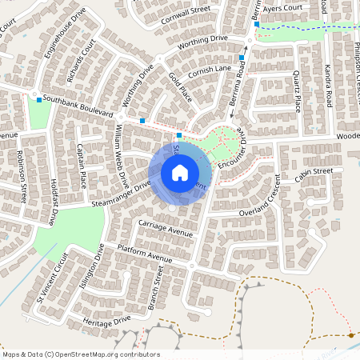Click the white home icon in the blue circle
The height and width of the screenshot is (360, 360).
tap(180, 172)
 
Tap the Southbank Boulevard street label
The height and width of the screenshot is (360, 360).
tap(78, 106)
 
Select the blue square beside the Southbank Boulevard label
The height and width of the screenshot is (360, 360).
tap(39, 99)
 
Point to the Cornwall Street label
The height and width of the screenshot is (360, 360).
tap(185, 10)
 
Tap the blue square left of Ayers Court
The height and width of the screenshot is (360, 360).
tap(256, 24)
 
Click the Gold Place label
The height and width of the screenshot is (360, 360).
tap(180, 86)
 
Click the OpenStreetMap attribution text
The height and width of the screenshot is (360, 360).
tap(80, 354)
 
